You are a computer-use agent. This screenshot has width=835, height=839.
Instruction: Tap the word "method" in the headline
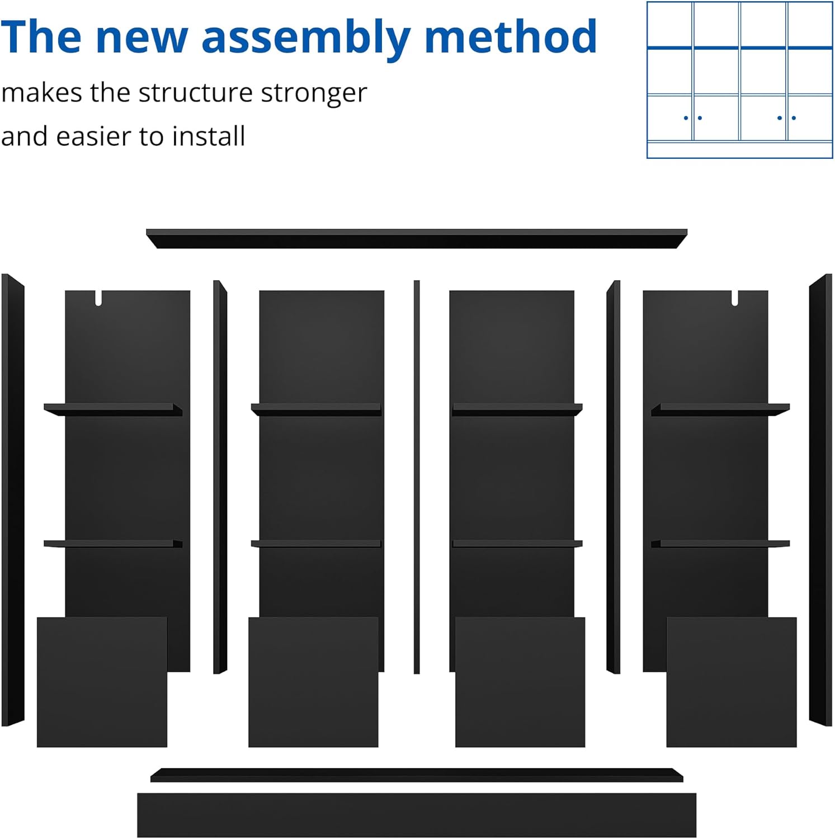[x=511, y=37]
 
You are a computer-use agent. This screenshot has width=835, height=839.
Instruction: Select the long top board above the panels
[x=416, y=238]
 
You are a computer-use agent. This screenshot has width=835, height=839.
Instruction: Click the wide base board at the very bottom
[x=417, y=814]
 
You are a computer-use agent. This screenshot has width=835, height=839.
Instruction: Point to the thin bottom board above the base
[x=417, y=775]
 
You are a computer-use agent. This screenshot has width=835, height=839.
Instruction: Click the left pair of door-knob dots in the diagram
[x=693, y=118]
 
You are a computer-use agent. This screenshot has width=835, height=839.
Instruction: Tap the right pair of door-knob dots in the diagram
[x=786, y=118]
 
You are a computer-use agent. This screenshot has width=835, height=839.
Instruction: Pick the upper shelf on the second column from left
[x=316, y=409]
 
